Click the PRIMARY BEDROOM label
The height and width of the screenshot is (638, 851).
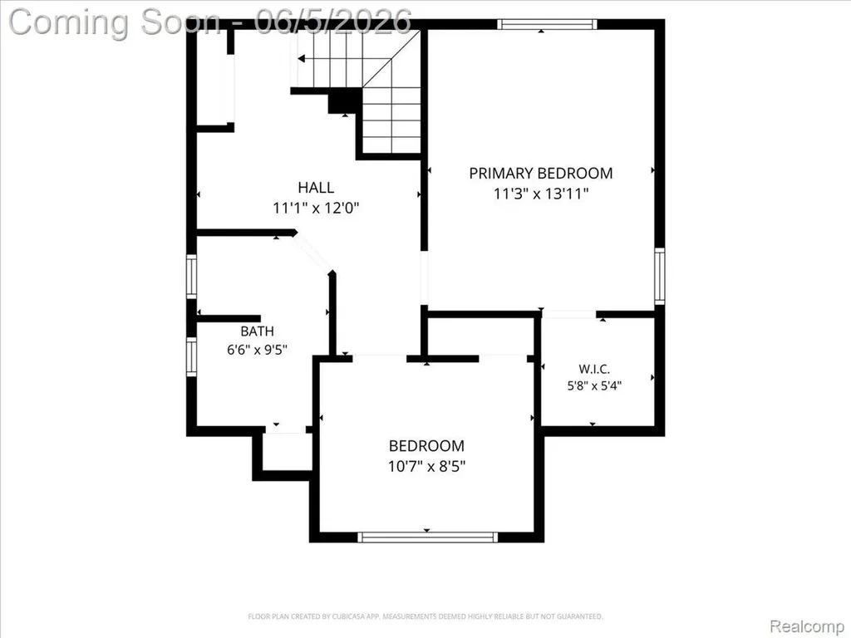[540, 173]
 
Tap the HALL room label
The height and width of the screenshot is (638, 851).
[316, 188]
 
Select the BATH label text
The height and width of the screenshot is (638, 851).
[258, 331]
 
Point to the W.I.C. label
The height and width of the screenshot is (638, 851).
[594, 369]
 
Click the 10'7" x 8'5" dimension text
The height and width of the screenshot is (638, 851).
[426, 466]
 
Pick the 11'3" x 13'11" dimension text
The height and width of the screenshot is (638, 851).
[541, 194]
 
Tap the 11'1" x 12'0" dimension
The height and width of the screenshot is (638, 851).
[316, 208]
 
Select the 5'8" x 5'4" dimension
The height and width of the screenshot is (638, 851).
[594, 385]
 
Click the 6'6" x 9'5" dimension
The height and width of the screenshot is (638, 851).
[257, 350]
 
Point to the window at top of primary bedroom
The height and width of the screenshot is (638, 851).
[547, 24]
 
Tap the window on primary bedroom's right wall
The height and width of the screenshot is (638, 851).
[659, 276]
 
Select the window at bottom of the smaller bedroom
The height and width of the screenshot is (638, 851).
[428, 537]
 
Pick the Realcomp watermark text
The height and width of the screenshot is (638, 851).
[806, 626]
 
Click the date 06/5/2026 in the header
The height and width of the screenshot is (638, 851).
[333, 22]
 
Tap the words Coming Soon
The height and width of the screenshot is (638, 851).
[115, 22]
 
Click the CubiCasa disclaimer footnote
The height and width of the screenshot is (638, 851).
[425, 616]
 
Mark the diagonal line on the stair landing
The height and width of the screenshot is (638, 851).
[391, 59]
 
